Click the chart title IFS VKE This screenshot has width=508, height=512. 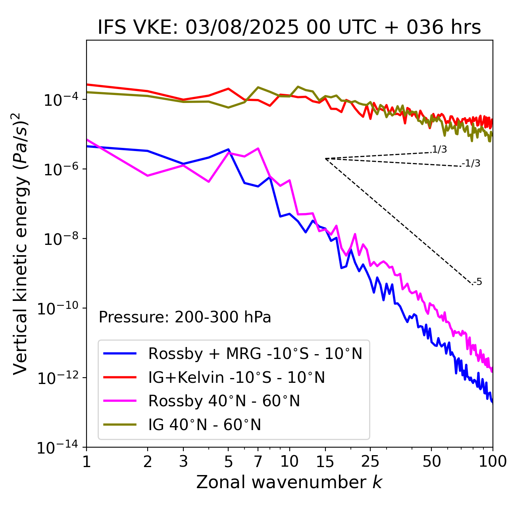tap(289, 28)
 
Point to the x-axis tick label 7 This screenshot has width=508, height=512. tap(258, 462)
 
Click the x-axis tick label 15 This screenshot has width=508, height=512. tap(325, 462)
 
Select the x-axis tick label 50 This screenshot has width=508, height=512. tap(432, 462)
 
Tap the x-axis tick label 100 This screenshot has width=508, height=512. tap(493, 462)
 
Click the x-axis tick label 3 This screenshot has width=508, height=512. tap(183, 462)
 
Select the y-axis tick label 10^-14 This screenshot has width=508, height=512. tap(58, 448)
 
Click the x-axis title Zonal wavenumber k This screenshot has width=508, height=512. tap(289, 482)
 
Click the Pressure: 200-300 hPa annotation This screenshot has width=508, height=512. tap(185, 317)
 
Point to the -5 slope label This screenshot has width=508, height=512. tap(477, 282)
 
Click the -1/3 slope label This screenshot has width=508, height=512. tap(471, 163)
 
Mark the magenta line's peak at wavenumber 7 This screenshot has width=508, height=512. tap(258, 148)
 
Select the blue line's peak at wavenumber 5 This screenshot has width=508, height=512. tap(228, 149)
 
